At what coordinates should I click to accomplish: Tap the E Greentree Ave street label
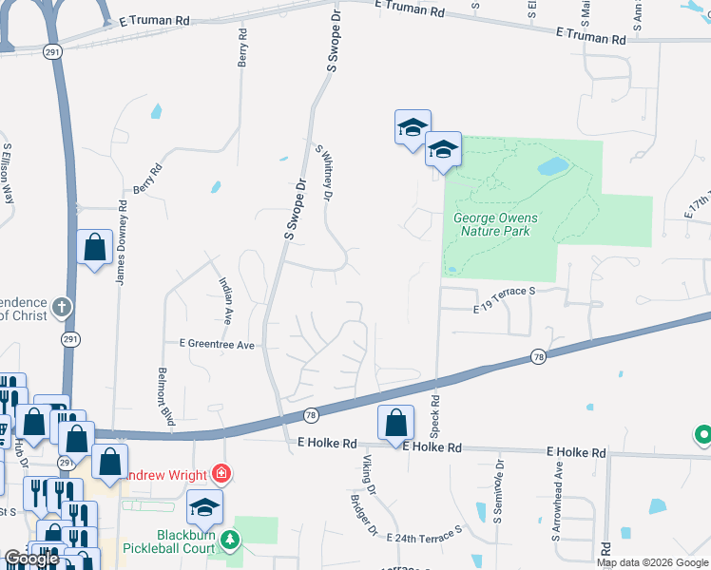click(x=217, y=345)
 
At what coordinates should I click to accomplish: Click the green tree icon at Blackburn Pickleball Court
click(x=229, y=541)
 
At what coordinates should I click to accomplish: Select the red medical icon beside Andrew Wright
click(x=221, y=472)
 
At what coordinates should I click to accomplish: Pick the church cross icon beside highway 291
click(x=61, y=307)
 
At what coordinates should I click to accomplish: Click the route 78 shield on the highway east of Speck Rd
click(x=538, y=355)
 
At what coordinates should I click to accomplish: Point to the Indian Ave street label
click(x=226, y=296)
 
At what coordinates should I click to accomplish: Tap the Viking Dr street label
click(x=370, y=475)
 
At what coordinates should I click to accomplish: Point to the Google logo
click(x=31, y=559)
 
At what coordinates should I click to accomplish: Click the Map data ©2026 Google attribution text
click(x=651, y=562)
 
